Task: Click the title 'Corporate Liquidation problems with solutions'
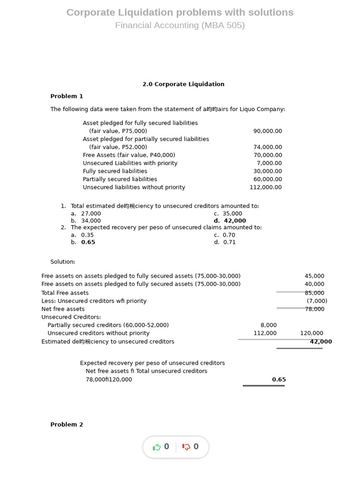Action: tap(180, 13)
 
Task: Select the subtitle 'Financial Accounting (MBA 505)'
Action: tap(180, 25)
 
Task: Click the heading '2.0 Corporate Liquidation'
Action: tap(183, 84)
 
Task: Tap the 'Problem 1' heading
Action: tap(67, 96)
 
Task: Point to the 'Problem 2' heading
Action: tap(67, 425)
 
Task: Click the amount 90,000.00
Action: tap(268, 131)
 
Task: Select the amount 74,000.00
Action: tap(268, 147)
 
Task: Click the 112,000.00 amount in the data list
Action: tap(266, 187)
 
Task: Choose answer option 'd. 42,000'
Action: tap(230, 221)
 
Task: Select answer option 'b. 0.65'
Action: tap(83, 242)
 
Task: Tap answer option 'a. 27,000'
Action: tap(86, 214)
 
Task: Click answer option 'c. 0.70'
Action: tap(225, 235)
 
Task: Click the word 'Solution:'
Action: tap(63, 262)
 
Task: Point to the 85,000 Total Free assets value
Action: tap(315, 293)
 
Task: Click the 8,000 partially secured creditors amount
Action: tap(269, 325)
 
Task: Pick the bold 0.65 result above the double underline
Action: tap(279, 380)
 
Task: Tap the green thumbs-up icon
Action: tap(157, 447)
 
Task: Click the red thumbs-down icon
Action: tap(186, 447)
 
